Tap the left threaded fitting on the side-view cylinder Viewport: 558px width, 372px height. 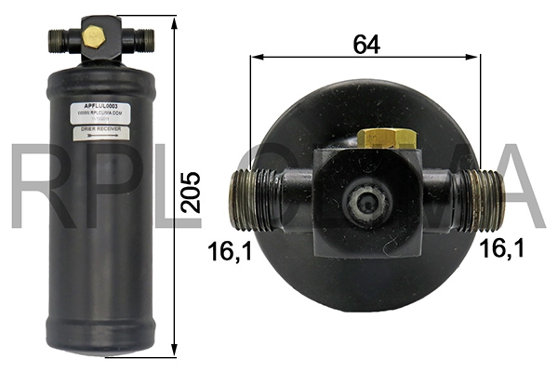click(x=56, y=39)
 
